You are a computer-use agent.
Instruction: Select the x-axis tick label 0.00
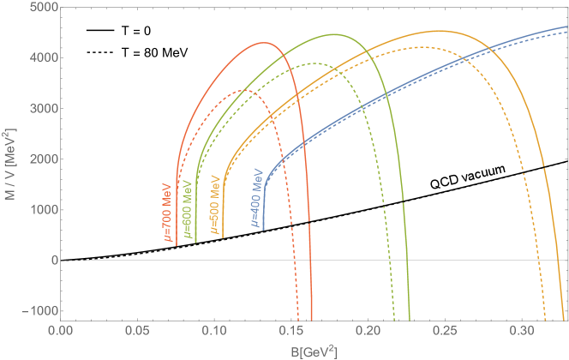[x=61, y=330]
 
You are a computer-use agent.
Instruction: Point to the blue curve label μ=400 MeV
[x=255, y=199]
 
